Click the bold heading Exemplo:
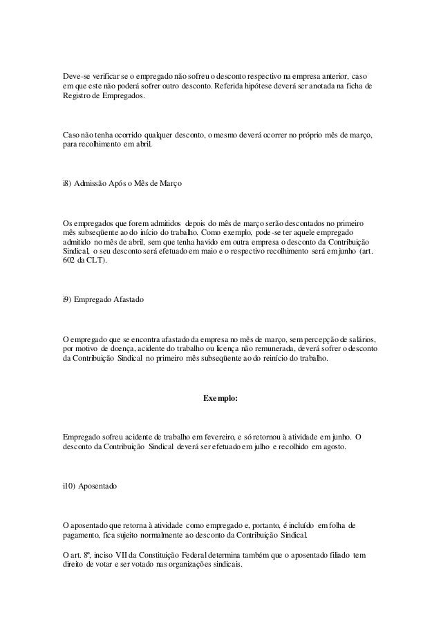point(220,399)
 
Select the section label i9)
point(66,301)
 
